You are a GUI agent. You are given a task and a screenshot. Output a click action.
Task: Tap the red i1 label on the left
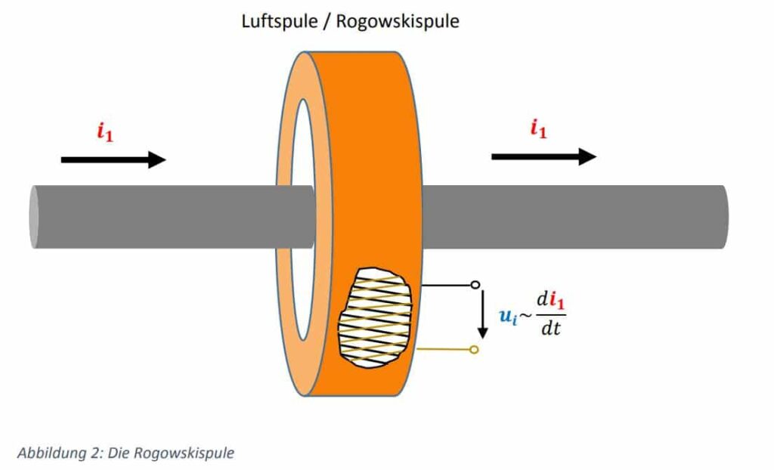105,131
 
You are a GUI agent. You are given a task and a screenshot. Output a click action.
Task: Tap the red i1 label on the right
538,129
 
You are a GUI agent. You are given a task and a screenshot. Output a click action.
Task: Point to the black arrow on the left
113,159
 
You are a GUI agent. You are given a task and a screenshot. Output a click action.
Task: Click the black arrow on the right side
543,156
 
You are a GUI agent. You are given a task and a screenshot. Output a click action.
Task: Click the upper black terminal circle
475,285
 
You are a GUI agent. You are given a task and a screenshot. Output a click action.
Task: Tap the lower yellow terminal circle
474,349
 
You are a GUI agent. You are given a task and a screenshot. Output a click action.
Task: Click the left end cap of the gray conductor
35,217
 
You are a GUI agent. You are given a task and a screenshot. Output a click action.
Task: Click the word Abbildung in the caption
46,453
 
